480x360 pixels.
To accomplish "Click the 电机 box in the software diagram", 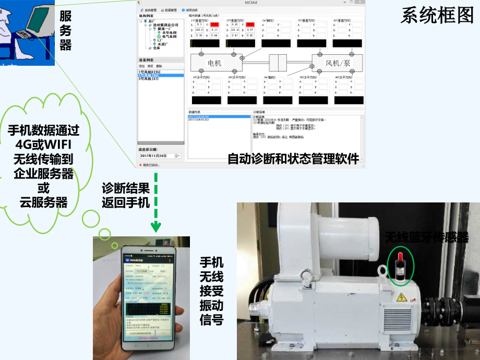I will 214,63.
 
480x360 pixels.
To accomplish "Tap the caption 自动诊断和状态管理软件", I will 293,159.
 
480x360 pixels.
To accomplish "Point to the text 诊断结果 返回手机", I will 126,195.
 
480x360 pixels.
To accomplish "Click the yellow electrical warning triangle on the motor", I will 402,297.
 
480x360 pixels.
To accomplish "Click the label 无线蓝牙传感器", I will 426,237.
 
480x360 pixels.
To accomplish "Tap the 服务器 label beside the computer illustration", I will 65,30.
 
